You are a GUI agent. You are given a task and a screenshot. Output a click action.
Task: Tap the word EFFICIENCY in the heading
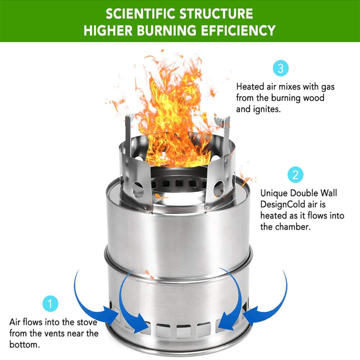click(238, 31)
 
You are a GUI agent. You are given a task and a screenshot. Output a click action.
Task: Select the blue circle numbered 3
click(280, 68)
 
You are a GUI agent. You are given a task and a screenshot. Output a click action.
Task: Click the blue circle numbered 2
click(296, 175)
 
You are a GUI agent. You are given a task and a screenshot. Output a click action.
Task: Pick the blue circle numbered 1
click(50, 303)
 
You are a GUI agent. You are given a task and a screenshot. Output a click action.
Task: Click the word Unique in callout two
click(274, 193)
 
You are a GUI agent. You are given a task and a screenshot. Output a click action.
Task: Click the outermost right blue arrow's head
click(251, 315)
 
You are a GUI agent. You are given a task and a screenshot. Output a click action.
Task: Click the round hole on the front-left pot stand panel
click(138, 189)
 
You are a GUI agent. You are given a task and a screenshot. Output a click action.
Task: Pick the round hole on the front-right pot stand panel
click(219, 189)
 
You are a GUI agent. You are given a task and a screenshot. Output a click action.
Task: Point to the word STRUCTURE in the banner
click(216, 14)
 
